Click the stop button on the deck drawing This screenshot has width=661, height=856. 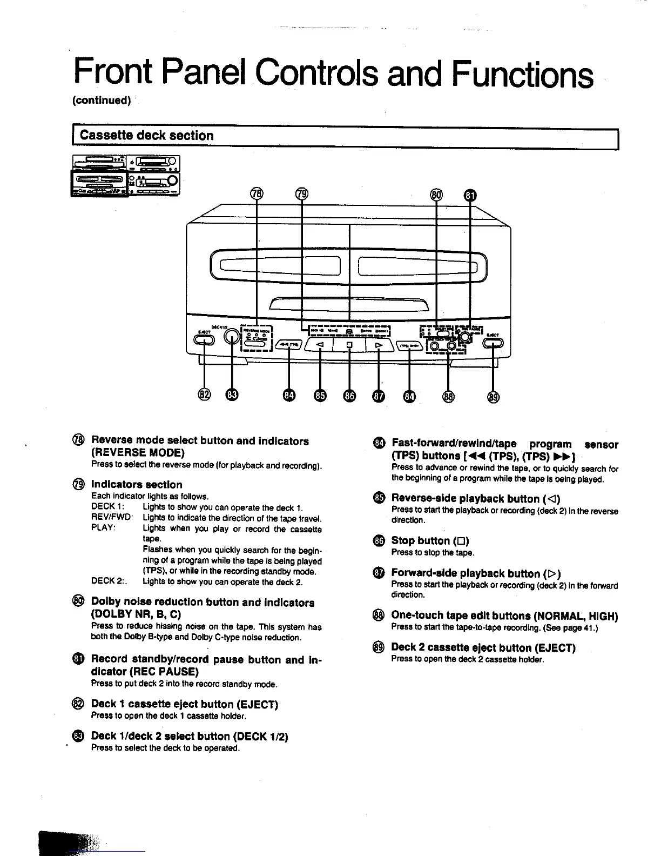349,344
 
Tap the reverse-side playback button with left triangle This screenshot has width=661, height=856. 321,344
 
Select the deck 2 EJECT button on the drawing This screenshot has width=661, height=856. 494,343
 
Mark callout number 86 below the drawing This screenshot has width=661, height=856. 349,396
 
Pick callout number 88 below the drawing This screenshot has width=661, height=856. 448,396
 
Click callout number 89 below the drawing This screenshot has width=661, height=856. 494,396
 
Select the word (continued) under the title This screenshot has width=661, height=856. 102,101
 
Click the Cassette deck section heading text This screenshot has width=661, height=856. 146,136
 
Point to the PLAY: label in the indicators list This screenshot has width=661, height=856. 104,528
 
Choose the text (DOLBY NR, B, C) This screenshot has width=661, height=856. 136,614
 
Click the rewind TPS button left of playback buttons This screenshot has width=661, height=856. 289,346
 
